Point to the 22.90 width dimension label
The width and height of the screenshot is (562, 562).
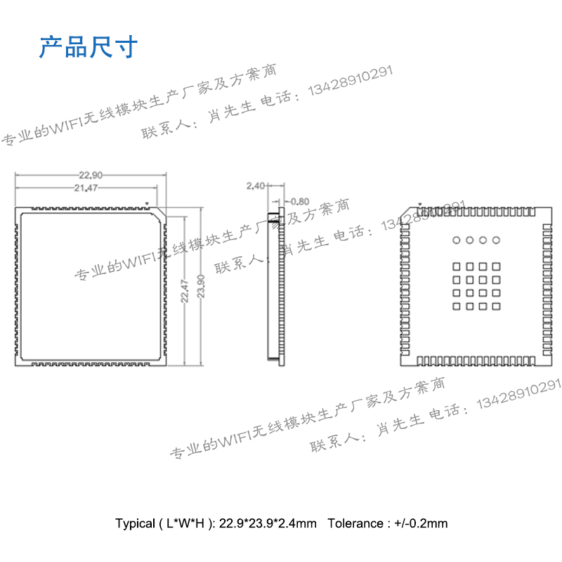point(91,175)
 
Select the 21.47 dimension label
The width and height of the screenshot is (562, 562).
point(86,188)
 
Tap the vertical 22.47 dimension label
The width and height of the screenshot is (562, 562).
point(185,290)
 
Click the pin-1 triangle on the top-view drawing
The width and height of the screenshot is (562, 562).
point(147,204)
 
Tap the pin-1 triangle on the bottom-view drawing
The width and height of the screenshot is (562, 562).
point(420,205)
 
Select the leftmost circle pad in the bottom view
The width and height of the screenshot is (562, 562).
point(456,240)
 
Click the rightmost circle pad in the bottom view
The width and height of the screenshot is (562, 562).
point(496,240)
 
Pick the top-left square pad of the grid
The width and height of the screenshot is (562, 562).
point(456,266)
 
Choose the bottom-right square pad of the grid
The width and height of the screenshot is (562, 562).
point(496,306)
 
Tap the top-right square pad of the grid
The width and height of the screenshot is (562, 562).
point(496,266)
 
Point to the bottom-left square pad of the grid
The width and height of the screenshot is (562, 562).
point(456,306)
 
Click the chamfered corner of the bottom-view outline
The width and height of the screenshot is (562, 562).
point(404,212)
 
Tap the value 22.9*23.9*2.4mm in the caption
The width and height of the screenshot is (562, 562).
point(268,523)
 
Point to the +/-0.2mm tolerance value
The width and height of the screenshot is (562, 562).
point(421,523)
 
